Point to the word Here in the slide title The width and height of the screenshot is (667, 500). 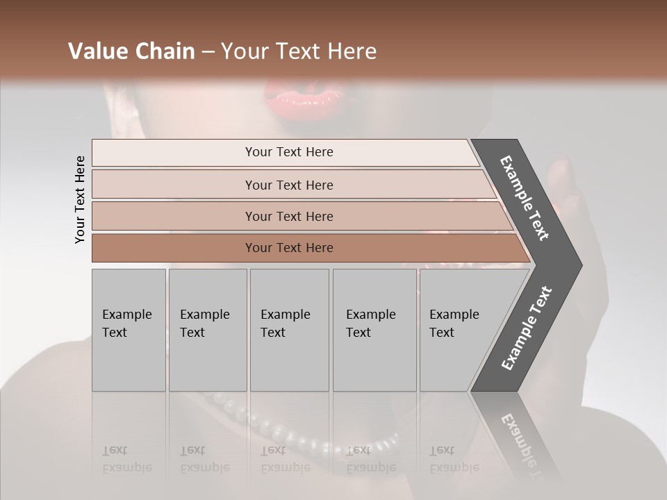tap(352, 51)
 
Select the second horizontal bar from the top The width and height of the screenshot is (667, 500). tap(288, 185)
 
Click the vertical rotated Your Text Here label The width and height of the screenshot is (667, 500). tap(80, 199)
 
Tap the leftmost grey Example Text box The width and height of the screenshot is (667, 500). tap(129, 330)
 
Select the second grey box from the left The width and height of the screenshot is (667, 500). tap(208, 330)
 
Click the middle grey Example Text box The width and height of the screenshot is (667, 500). tap(289, 330)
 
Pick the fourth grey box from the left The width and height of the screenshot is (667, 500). tap(374, 330)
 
